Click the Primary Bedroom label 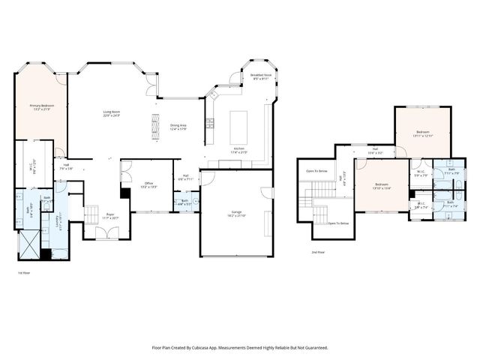[40, 108]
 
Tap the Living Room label [112, 114]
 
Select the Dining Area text [178, 127]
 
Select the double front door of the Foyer [106, 235]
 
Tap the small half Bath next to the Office [184, 202]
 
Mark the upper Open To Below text [316, 171]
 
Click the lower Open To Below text [337, 223]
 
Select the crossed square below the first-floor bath [30, 244]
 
